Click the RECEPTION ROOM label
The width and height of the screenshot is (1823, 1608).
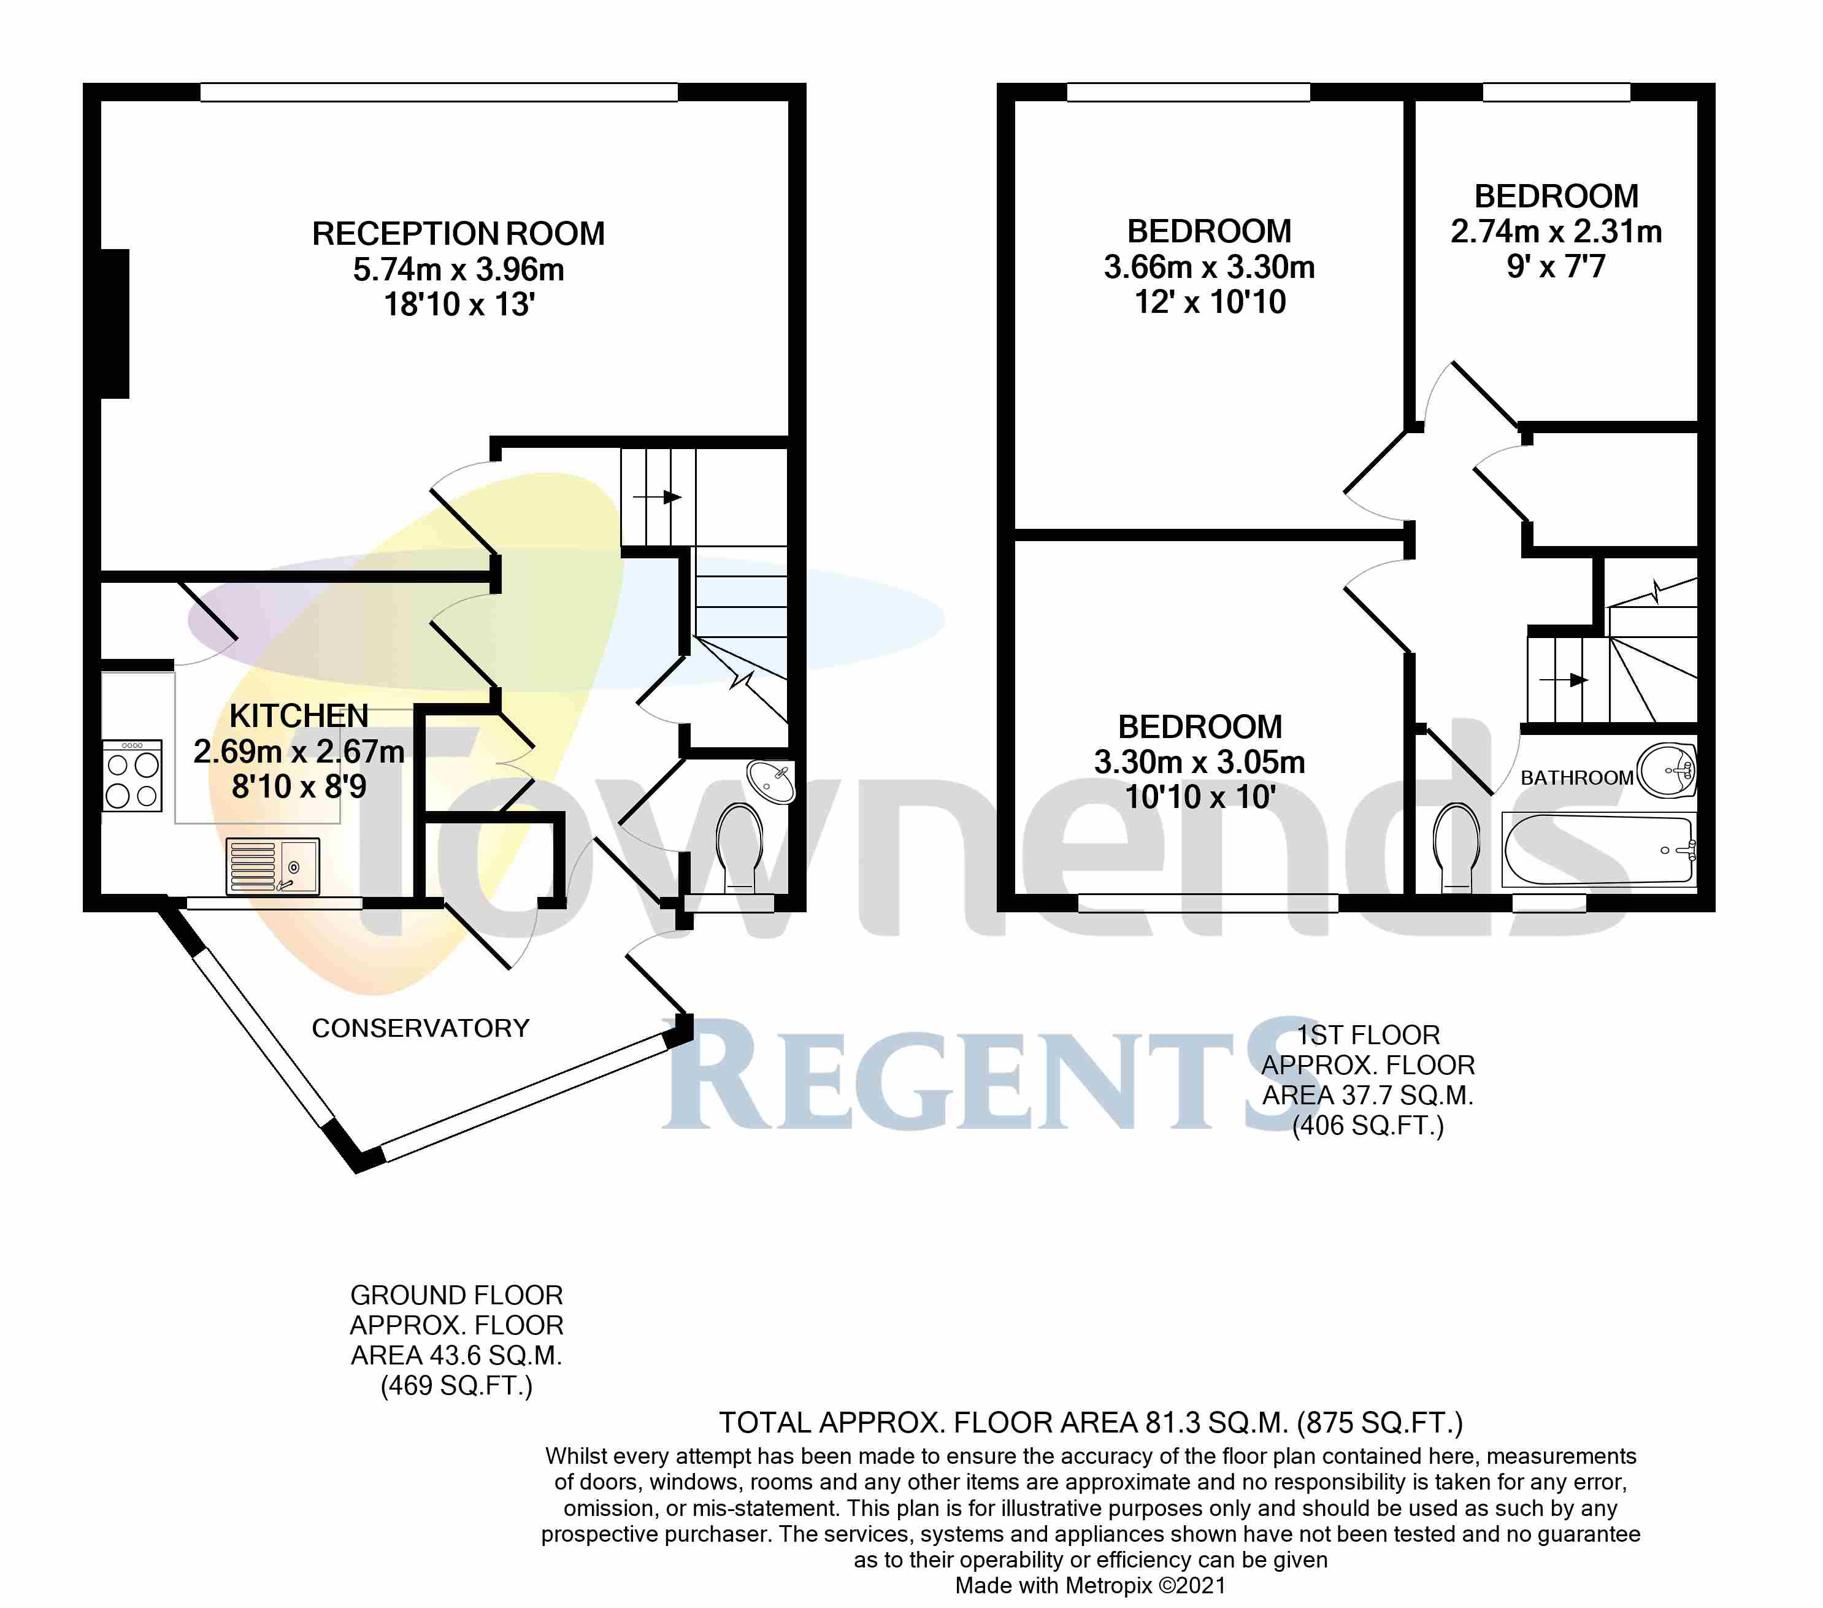tap(458, 234)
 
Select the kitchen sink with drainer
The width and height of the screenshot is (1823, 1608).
tap(272, 865)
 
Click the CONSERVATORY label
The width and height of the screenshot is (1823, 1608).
tap(420, 1028)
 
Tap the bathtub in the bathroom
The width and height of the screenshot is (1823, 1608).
tap(1598, 850)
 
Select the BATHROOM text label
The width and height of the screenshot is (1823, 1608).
tap(1576, 778)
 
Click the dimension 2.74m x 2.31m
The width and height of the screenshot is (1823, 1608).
tap(1556, 232)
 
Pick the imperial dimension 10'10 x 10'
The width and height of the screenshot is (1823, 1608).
tap(1200, 796)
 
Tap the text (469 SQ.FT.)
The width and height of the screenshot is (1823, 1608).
tap(456, 1386)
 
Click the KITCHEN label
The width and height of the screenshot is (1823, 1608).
tap(299, 716)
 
